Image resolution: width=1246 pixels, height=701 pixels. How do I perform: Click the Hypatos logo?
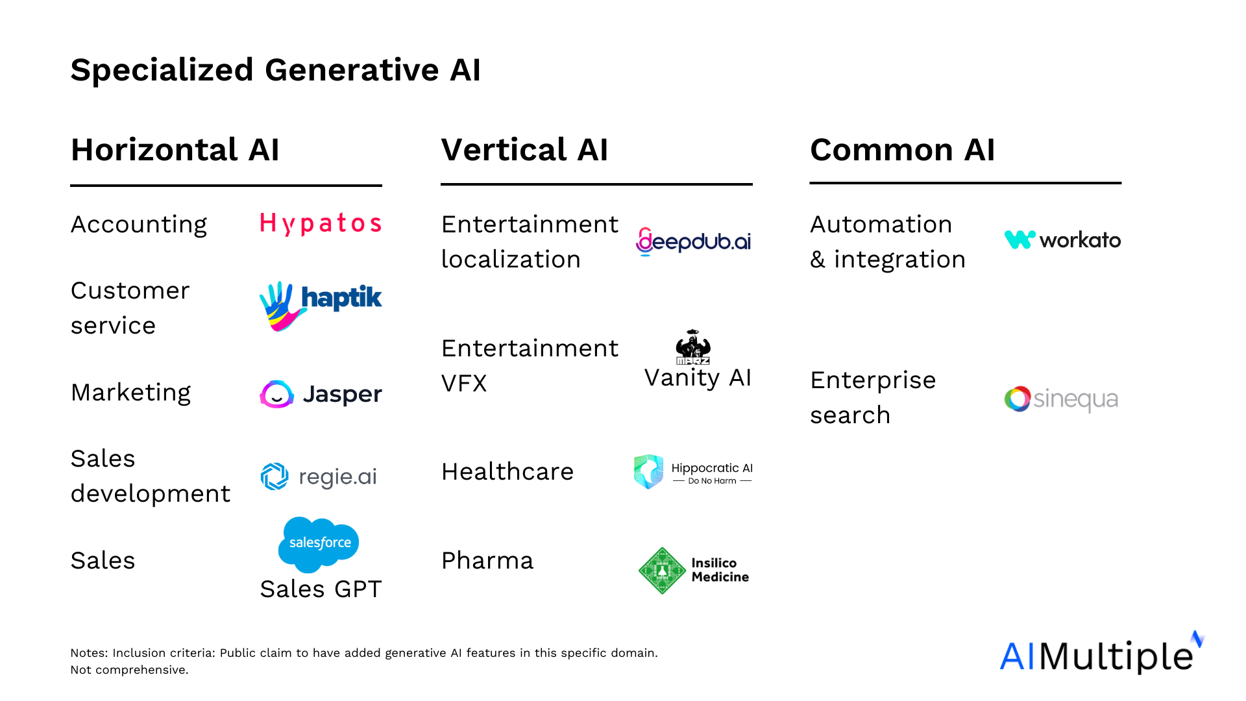tap(321, 224)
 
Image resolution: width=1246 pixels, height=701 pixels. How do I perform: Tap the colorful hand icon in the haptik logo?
tap(280, 306)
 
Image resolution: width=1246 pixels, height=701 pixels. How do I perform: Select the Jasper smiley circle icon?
tap(277, 394)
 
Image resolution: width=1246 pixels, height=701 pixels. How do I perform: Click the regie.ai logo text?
tap(337, 477)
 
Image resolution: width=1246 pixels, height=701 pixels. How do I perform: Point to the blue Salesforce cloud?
tap(319, 544)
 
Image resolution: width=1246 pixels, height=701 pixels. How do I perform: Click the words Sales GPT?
tap(321, 589)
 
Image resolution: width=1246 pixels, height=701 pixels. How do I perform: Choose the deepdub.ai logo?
tap(693, 241)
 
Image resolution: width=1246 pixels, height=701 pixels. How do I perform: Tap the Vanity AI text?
tap(698, 378)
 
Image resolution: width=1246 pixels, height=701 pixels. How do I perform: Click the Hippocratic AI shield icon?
tap(649, 471)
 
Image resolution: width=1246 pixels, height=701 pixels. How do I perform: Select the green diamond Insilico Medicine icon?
tap(662, 571)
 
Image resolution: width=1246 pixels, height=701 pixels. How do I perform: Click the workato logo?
tap(1062, 240)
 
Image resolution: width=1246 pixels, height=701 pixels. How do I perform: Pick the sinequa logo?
tap(1061, 399)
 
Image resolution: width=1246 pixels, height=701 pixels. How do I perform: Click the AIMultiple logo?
tap(1101, 653)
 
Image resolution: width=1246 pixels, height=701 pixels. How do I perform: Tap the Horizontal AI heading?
tap(175, 150)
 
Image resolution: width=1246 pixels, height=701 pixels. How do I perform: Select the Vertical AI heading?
tap(524, 150)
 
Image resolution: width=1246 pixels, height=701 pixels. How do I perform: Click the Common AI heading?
tap(902, 150)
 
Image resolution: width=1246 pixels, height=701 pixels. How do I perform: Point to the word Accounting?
tap(139, 225)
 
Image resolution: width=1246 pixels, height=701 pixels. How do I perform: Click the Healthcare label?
tap(507, 472)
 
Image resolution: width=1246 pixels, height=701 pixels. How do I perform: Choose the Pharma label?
tap(487, 561)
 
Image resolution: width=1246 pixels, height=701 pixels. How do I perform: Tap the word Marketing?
tap(131, 393)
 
